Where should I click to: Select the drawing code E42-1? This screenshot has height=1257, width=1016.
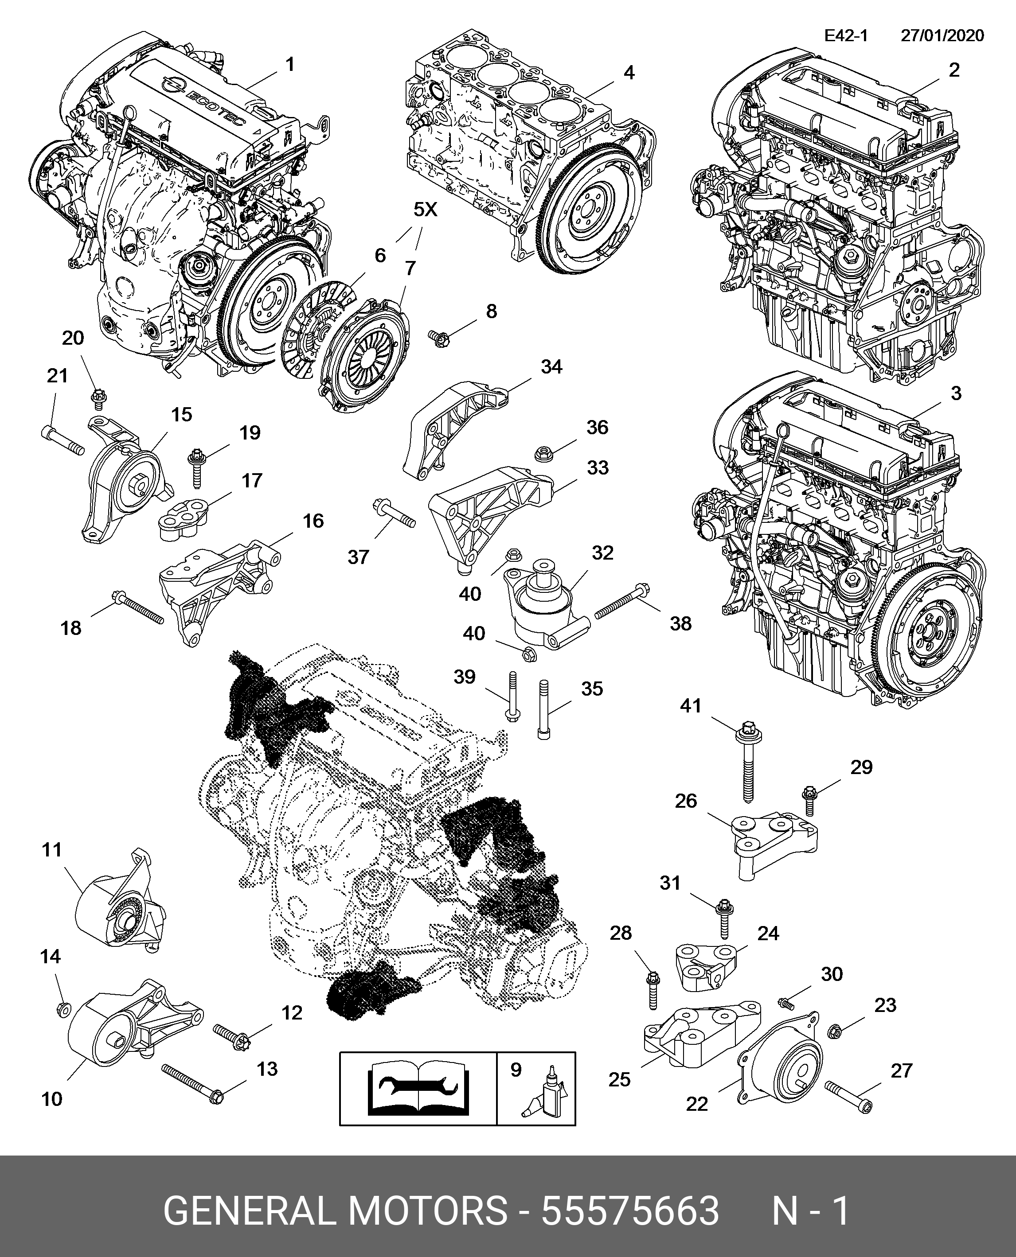point(846,36)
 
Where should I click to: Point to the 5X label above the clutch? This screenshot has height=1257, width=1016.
point(425,210)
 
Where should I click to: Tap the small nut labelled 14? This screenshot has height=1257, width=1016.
point(64,1007)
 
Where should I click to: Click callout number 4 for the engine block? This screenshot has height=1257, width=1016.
point(629,73)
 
